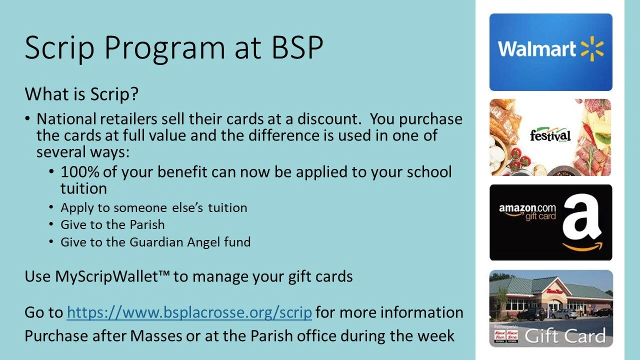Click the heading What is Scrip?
click(x=81, y=94)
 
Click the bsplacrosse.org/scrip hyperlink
click(x=189, y=312)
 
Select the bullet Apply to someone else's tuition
click(x=153, y=207)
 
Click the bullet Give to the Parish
click(x=112, y=225)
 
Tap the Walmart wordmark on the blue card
click(x=536, y=49)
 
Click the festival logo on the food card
click(x=550, y=135)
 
